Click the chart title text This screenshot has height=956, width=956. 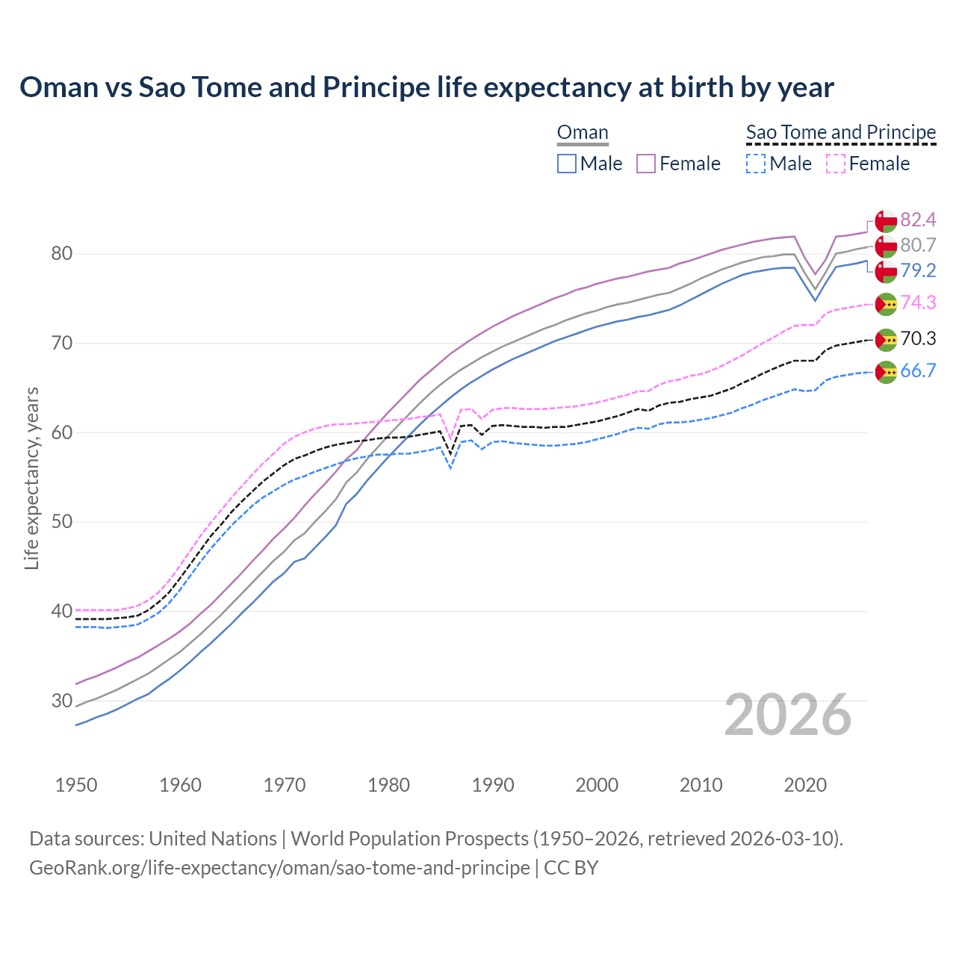(x=426, y=87)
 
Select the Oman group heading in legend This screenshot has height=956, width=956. (x=583, y=133)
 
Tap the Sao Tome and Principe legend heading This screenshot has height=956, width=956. (x=841, y=133)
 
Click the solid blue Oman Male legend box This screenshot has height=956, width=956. (x=567, y=164)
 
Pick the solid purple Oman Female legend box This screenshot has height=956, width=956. (x=646, y=164)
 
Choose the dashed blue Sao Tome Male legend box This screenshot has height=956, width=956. (x=756, y=164)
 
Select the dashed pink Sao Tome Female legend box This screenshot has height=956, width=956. (x=836, y=164)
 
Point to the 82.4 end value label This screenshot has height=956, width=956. (x=918, y=220)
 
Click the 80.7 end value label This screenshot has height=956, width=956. (x=918, y=245)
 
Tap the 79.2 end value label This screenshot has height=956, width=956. (x=918, y=270)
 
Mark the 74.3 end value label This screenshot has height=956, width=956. (x=918, y=302)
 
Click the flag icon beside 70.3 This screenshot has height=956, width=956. (x=886, y=340)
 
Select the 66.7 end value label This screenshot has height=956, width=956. (x=918, y=371)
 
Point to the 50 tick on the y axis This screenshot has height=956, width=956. (x=61, y=522)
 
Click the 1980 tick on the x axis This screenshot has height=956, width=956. (x=388, y=785)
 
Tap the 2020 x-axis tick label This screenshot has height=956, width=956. (x=804, y=785)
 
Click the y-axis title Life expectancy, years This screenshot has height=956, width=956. (x=31, y=478)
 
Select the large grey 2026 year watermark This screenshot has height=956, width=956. (x=788, y=715)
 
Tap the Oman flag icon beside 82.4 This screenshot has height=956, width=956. (x=886, y=221)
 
